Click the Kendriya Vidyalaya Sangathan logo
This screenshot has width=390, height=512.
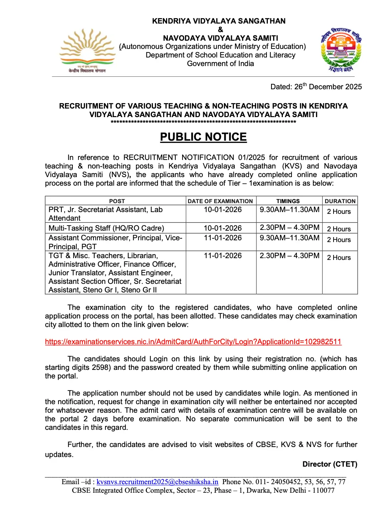coord(87,50)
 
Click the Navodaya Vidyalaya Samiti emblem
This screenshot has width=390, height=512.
coord(341,50)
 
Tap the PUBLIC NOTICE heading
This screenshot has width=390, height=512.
coord(203,137)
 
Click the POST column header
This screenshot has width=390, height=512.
coord(117,201)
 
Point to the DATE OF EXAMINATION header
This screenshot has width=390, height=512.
coord(220,201)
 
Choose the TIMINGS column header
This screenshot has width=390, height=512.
coord(288,201)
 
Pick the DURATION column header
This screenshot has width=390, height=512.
coord(340,201)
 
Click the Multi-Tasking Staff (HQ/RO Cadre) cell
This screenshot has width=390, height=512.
coord(106,228)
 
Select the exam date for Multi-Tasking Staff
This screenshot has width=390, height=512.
coord(222,228)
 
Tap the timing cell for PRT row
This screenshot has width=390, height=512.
coord(289,210)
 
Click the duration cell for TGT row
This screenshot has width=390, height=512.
coord(339,257)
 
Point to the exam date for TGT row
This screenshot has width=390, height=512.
coord(222,256)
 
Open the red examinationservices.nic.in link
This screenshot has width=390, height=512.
coord(193,342)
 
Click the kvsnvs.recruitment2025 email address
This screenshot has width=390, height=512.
coord(157,482)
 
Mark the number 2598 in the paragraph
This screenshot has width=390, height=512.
coord(100,367)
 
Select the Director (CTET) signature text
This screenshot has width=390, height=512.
coord(330,464)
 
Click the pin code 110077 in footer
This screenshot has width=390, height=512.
coord(323,490)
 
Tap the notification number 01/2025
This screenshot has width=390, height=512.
coord(252,157)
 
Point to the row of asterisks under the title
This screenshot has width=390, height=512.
coord(203,122)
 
